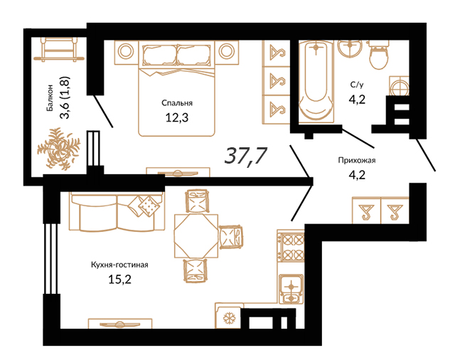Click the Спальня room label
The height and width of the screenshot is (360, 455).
click(177, 103)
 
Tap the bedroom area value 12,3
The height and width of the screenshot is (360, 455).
click(177, 117)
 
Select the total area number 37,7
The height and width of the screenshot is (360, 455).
click(245, 156)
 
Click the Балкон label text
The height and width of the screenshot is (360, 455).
click(50, 98)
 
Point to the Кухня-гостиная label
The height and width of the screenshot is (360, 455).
click(119, 265)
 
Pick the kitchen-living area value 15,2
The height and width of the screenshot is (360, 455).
click(119, 280)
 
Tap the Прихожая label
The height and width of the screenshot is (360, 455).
click(357, 160)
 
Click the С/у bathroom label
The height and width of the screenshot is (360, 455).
click(357, 85)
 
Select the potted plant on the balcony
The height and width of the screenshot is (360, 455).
click(59, 149)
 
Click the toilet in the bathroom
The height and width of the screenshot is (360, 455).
click(378, 55)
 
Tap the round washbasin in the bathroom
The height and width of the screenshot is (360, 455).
click(350, 48)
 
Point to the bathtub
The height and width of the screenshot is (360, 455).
click(316, 81)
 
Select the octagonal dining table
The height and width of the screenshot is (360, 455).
click(196, 235)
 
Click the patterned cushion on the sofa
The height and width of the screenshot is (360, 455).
click(149, 206)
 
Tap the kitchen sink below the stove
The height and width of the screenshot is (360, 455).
click(291, 289)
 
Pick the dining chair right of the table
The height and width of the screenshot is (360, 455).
click(231, 237)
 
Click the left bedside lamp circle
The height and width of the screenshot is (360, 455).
click(126, 52)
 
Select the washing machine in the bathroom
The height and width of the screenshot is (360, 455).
click(399, 85)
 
